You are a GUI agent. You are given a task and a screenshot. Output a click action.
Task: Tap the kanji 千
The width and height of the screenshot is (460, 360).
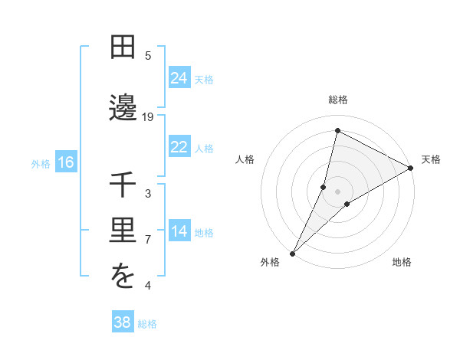click(x=123, y=185)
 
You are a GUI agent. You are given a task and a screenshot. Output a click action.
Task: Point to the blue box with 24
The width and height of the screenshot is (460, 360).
click(x=179, y=77)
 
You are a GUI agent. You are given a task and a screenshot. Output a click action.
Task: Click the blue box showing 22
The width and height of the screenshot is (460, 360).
click(x=179, y=147)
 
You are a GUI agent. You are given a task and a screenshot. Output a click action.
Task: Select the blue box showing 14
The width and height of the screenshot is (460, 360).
click(x=179, y=232)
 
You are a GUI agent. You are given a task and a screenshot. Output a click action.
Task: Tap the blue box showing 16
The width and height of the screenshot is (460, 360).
click(x=65, y=162)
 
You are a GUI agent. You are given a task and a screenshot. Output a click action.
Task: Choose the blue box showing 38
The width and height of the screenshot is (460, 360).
click(x=123, y=322)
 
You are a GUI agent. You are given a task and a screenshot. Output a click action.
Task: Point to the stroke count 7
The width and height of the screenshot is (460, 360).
click(x=148, y=240)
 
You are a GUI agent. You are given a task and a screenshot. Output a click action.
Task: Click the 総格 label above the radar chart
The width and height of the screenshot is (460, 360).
click(x=338, y=100)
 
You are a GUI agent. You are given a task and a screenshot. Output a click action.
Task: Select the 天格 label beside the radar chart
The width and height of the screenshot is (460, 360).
click(x=431, y=159)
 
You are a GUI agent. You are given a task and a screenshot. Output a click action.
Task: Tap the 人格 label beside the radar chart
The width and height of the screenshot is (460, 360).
click(x=245, y=159)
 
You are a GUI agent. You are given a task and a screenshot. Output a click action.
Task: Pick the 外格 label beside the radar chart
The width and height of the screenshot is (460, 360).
click(x=270, y=262)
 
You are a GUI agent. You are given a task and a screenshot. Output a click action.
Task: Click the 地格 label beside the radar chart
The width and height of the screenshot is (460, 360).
click(x=402, y=262)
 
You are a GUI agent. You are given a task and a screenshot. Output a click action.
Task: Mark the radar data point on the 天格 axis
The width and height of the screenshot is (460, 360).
click(x=411, y=168)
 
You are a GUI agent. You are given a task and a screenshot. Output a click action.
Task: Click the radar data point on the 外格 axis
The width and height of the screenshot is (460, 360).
click(x=292, y=253)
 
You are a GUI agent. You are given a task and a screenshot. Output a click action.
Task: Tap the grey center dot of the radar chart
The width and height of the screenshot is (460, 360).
click(x=338, y=191)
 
